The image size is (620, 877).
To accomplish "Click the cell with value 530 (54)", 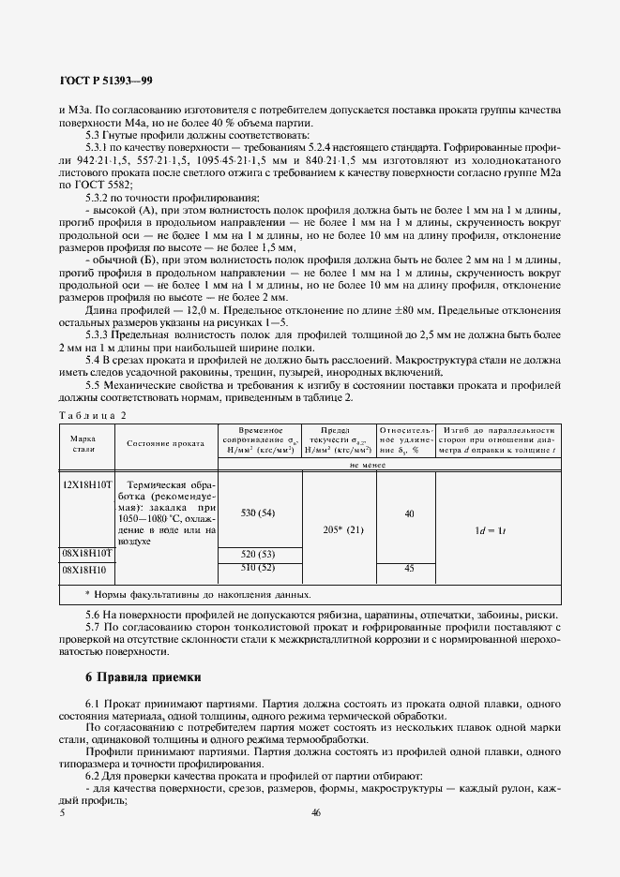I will point(257,513).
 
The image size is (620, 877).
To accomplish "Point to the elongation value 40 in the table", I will point(408,513).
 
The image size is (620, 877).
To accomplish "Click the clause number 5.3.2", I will point(99,198).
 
